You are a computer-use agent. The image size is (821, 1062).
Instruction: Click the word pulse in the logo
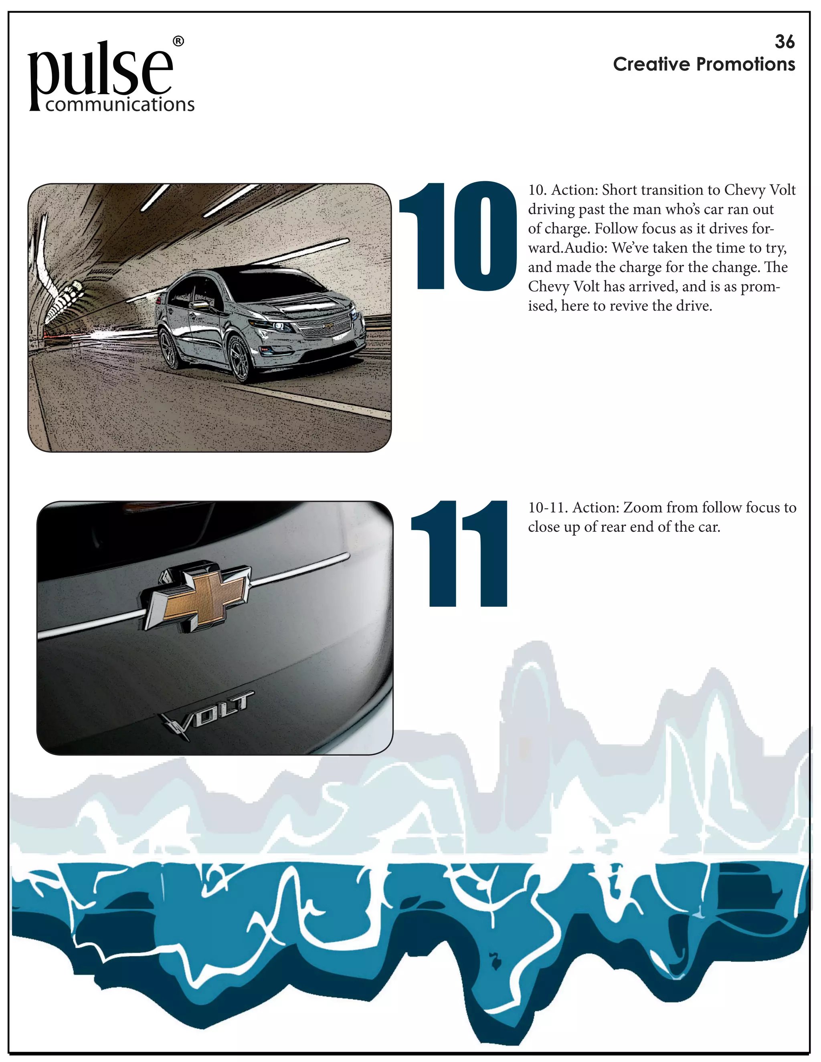(x=100, y=73)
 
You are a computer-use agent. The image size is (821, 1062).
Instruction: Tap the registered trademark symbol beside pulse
(x=178, y=41)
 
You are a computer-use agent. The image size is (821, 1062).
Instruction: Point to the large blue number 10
(x=457, y=237)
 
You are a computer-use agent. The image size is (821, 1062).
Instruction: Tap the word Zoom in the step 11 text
(x=642, y=508)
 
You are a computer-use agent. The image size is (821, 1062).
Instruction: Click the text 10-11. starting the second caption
(x=548, y=508)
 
